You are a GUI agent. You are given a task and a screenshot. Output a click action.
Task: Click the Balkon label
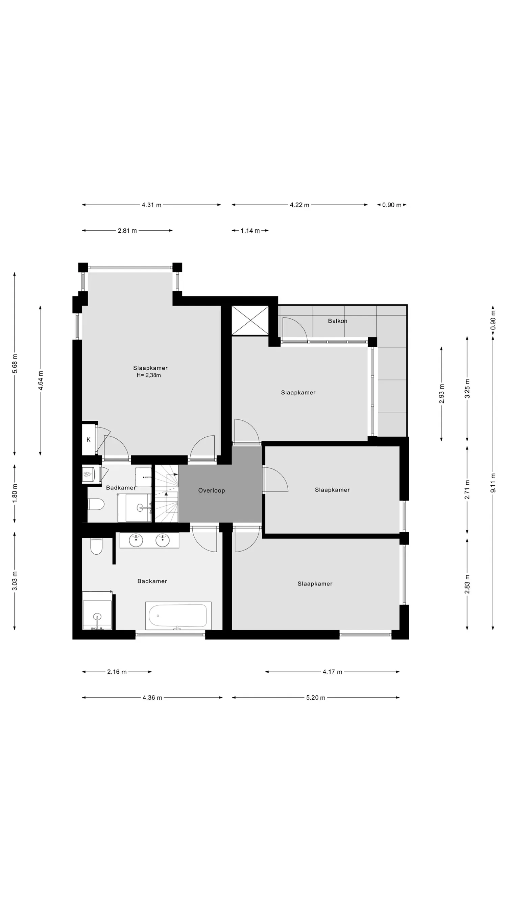pyautogui.click(x=337, y=321)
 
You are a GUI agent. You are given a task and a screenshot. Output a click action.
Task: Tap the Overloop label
pyautogui.click(x=211, y=490)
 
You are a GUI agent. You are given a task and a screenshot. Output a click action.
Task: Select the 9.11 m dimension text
pyautogui.click(x=493, y=483)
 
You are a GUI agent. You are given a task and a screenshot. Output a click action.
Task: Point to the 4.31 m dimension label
pyautogui.click(x=151, y=205)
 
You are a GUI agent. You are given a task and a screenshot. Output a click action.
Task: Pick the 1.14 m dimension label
pyautogui.click(x=250, y=231)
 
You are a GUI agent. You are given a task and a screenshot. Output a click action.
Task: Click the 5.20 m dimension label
pyautogui.click(x=316, y=697)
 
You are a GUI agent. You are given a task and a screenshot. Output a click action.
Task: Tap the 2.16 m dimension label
pyautogui.click(x=117, y=672)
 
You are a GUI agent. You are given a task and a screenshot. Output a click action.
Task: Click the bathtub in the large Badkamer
pyautogui.click(x=178, y=616)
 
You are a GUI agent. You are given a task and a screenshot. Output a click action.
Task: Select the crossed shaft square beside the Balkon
pyautogui.click(x=250, y=320)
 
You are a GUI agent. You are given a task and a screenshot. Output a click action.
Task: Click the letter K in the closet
pyautogui.click(x=89, y=440)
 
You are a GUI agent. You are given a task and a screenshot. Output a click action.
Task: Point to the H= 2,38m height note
pyautogui.click(x=149, y=375)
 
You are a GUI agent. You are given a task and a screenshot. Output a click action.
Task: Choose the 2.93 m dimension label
pyautogui.click(x=441, y=394)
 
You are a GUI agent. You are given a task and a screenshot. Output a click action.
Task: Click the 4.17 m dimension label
pyautogui.click(x=332, y=672)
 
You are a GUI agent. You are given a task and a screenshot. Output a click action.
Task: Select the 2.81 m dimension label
pyautogui.click(x=127, y=231)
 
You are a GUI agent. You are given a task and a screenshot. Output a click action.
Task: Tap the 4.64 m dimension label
pyautogui.click(x=41, y=380)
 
